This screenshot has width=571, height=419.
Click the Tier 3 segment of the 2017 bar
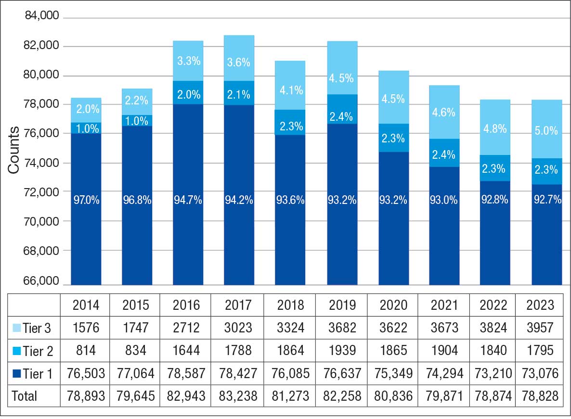239,58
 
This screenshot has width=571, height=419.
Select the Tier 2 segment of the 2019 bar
342,109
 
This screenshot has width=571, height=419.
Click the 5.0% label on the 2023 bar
546,131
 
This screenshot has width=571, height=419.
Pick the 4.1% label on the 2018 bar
290,90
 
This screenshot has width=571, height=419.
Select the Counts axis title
13,151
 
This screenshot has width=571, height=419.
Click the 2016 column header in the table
186,305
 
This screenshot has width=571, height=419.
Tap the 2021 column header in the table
445,305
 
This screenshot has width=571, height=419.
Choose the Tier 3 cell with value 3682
342,328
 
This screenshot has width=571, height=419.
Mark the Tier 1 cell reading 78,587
186,373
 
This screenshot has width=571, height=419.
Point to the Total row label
24,396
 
